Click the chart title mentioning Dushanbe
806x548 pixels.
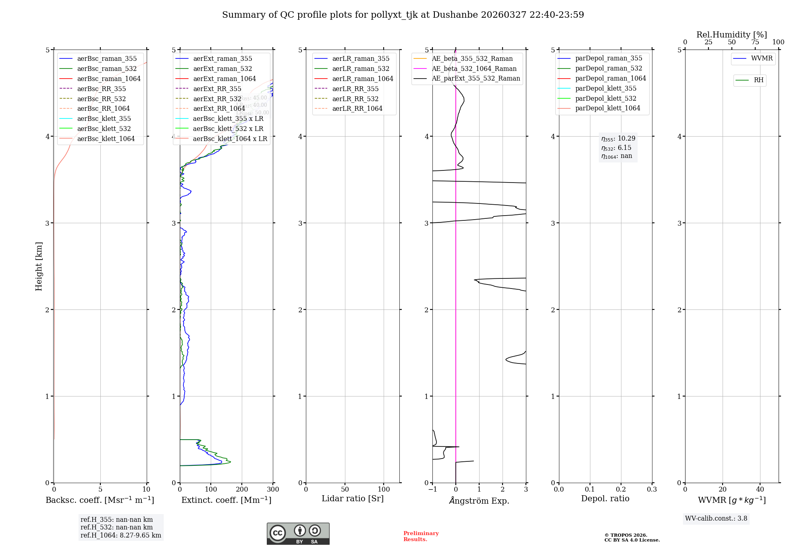point(403,15)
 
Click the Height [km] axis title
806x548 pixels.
point(39,266)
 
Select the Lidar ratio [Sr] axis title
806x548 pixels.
point(353,499)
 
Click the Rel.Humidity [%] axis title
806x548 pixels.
point(731,35)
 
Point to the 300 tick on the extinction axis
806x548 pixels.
point(273,490)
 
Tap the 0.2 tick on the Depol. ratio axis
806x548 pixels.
point(621,490)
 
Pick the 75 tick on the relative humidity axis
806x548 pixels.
point(755,42)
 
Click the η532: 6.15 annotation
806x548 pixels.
point(616,148)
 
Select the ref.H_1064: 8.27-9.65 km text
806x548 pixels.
point(120,536)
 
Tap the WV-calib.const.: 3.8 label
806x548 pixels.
point(716,519)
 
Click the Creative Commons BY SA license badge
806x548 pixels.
point(298,534)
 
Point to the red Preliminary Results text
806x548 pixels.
point(421,536)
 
